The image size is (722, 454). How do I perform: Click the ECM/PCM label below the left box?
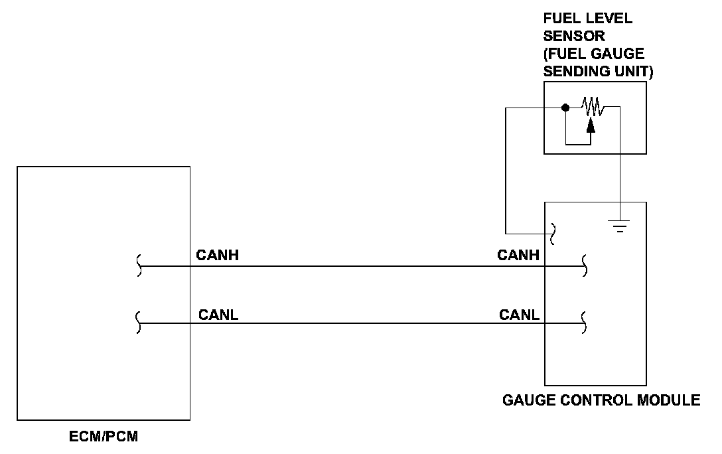click(x=104, y=436)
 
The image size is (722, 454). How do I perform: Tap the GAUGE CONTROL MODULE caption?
click(x=601, y=400)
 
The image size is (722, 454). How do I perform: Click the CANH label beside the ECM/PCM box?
click(x=218, y=255)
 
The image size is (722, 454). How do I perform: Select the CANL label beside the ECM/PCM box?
click(x=218, y=315)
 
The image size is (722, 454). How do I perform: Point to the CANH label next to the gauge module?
click(x=518, y=255)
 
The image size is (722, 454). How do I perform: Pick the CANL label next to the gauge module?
click(x=519, y=315)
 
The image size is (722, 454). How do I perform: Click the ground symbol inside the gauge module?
click(x=620, y=226)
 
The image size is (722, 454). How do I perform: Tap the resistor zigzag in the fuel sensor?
click(x=593, y=106)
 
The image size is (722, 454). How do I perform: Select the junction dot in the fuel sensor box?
click(x=565, y=108)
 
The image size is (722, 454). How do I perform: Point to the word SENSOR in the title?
click(x=574, y=36)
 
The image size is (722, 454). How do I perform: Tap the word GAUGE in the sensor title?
click(x=618, y=53)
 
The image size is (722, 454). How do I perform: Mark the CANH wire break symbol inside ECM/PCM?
click(x=139, y=265)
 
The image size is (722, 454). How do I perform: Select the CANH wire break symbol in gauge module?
click(x=585, y=265)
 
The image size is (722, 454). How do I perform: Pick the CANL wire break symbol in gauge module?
click(x=584, y=323)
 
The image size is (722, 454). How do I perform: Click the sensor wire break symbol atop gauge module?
click(x=553, y=234)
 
